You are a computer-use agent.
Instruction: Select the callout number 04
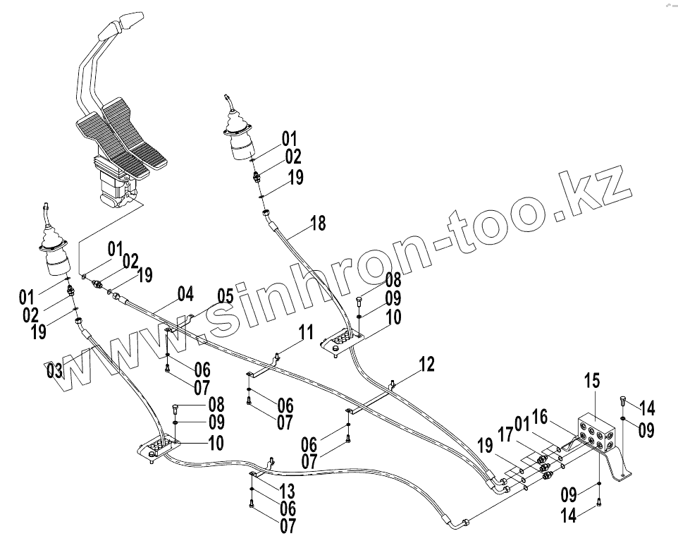(x=185, y=294)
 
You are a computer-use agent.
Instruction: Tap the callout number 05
(x=225, y=295)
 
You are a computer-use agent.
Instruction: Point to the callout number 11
(x=304, y=331)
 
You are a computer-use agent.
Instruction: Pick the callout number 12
(x=426, y=365)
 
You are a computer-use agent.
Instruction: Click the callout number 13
(x=287, y=491)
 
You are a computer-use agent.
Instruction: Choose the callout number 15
(x=591, y=381)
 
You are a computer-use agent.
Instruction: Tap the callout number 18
(x=318, y=224)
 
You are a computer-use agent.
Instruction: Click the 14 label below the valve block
(x=569, y=516)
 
